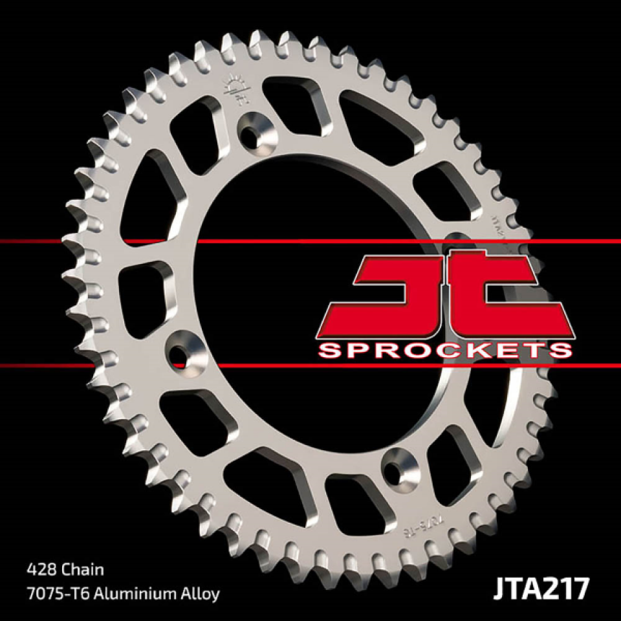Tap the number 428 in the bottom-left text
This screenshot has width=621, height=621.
click(x=41, y=570)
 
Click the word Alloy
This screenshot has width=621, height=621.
click(x=201, y=593)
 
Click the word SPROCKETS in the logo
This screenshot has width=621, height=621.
click(x=446, y=351)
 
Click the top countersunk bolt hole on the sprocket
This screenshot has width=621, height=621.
click(x=254, y=129)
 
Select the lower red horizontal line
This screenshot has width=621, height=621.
click(x=129, y=366)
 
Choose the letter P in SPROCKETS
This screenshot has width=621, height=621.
click(x=364, y=351)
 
